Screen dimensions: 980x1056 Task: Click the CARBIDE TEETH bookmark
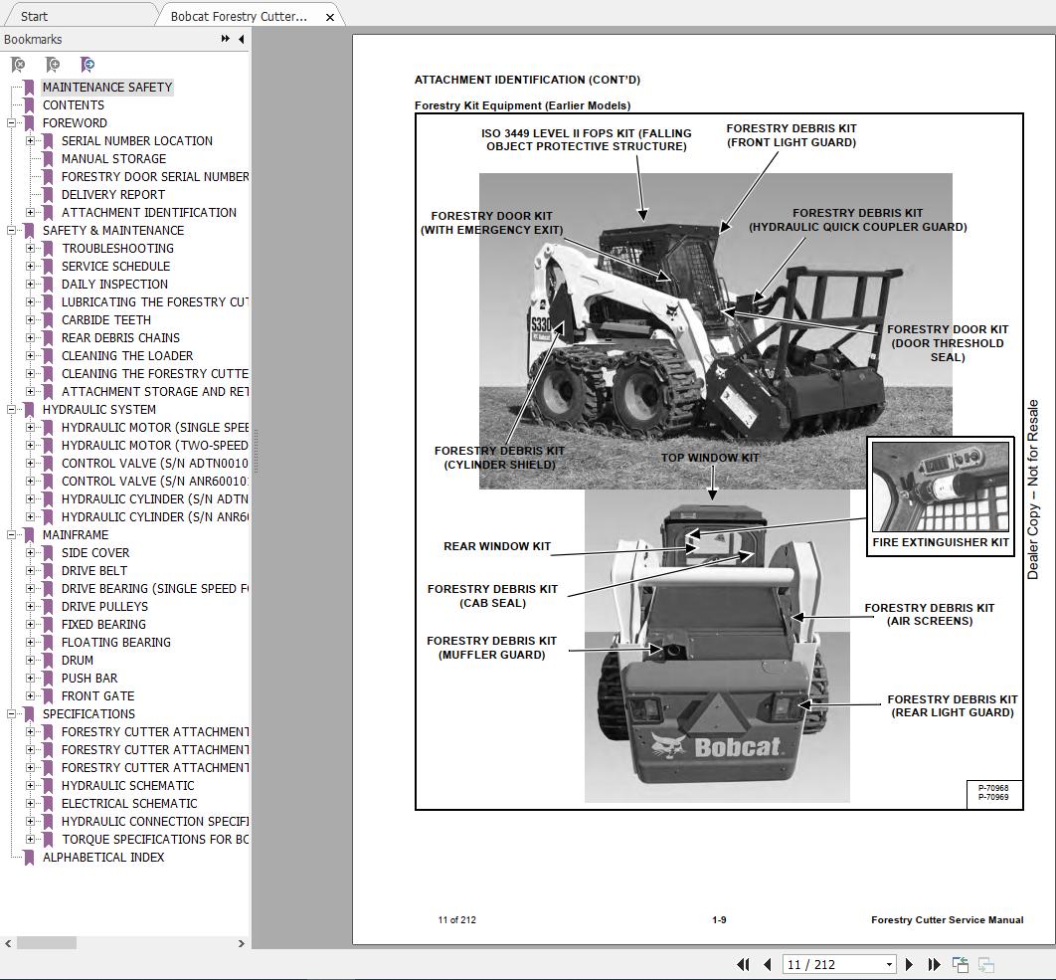point(105,319)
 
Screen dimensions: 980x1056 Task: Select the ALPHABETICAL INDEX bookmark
point(102,857)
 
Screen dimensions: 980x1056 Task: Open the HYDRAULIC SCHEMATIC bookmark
point(127,785)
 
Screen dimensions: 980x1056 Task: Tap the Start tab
point(34,16)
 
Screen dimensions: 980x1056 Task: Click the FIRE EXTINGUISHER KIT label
point(940,542)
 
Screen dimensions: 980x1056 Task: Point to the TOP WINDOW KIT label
point(710,458)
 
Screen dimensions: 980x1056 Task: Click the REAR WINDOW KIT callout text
point(496,546)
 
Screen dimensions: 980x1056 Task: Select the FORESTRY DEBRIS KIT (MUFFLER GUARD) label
point(491,648)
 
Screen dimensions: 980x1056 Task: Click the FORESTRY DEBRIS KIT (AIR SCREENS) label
point(929,614)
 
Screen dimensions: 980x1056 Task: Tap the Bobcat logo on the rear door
point(716,746)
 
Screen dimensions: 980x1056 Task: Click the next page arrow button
point(909,964)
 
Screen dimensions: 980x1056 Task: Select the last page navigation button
point(934,964)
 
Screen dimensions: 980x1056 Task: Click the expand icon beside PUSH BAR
point(31,678)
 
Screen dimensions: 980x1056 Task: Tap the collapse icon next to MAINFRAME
point(12,534)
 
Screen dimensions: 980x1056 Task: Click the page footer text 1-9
point(718,919)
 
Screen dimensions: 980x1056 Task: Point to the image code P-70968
point(992,788)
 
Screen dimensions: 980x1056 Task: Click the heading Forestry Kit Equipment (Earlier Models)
point(522,105)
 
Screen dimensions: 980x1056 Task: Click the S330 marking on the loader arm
point(540,324)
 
